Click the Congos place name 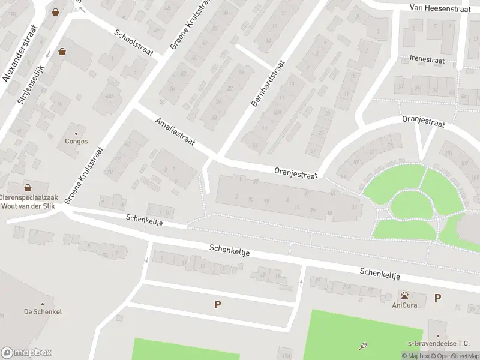76,142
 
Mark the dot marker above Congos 76,133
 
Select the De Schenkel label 43,312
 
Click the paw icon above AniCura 406,295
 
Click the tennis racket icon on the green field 362,346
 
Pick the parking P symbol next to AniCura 438,298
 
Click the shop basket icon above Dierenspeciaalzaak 28,187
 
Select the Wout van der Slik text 28,206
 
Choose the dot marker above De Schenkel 43,304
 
